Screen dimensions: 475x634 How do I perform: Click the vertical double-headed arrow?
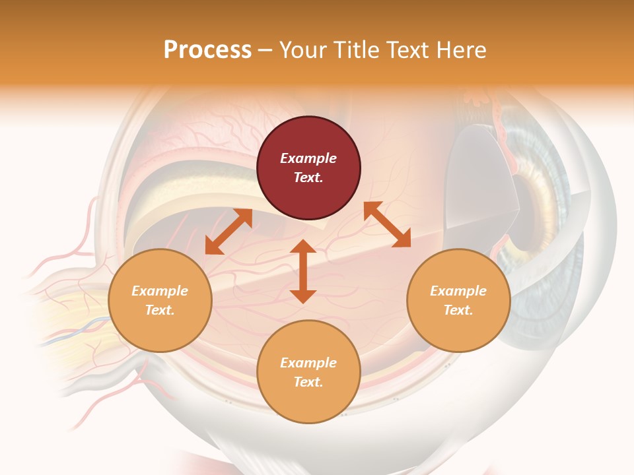[x=303, y=271]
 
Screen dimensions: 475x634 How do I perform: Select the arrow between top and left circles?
[x=229, y=231]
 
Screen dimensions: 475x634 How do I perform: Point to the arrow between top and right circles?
[x=387, y=224]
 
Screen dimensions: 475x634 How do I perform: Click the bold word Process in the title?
[x=207, y=49]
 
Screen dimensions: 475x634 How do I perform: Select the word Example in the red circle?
[x=308, y=158]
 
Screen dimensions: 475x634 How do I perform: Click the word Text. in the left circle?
[x=160, y=310]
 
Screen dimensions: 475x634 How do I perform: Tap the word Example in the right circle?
[x=458, y=291]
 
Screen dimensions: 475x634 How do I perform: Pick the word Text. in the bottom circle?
[x=308, y=382]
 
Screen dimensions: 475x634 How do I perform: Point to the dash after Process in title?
[x=265, y=50]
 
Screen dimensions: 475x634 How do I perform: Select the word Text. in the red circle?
[x=308, y=177]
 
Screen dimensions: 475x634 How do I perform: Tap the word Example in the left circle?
[x=160, y=291]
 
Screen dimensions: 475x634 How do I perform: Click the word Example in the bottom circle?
[x=308, y=363]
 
